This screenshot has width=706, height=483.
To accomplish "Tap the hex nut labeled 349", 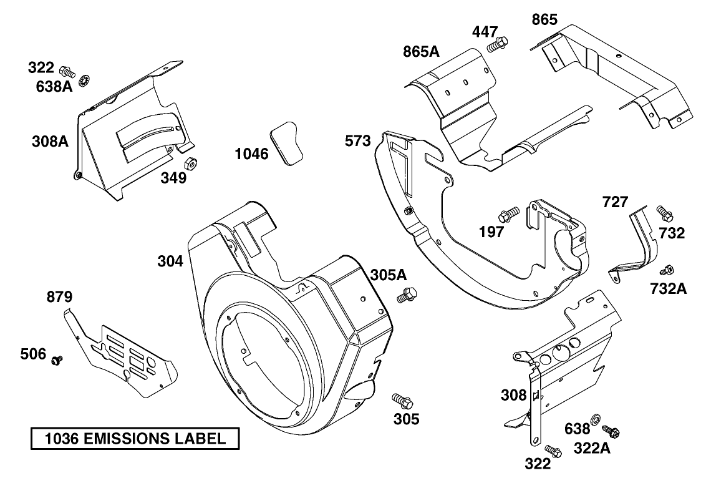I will coord(193,163).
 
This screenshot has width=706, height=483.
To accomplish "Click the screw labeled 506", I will coord(57,360).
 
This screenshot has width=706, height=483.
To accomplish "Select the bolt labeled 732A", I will coord(667,270).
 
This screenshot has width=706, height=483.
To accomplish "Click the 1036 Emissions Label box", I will coord(135,439).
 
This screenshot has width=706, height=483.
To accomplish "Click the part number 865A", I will coord(420,51).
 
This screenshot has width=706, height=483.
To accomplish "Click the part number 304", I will coord(170,261).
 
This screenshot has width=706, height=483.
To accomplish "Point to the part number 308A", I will coord(50,141).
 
